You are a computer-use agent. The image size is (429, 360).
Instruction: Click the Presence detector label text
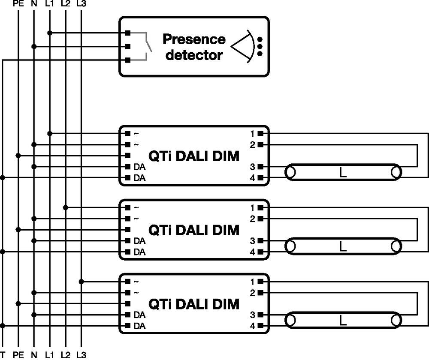tap(194, 47)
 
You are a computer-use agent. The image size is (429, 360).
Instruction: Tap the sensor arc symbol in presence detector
tap(242, 46)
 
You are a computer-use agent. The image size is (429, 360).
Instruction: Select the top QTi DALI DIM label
tap(193, 156)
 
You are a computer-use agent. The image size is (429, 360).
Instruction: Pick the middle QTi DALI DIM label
tap(193, 230)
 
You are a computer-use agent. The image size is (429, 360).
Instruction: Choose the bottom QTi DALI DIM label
tap(193, 304)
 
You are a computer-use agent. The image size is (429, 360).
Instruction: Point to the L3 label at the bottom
tap(81, 355)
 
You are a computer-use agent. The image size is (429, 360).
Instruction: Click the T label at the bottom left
tap(3, 355)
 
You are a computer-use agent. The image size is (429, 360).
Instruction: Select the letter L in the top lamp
tap(343, 173)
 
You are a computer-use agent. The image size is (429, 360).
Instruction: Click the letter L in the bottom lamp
tap(343, 321)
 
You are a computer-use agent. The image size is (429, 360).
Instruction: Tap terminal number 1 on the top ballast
tap(253, 134)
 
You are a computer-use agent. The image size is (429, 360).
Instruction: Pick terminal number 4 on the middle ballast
tap(253, 252)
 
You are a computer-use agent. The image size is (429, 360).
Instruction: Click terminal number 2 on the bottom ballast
tap(253, 293)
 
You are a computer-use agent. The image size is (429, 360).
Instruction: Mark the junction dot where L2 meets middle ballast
tap(65, 208)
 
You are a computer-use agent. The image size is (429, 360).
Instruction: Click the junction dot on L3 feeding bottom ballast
tap(81, 282)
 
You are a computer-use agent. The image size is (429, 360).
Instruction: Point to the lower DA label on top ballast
tap(139, 178)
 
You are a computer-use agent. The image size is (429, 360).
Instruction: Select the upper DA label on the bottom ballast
tap(139, 315)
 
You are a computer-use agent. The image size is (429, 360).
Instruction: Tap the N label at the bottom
tap(34, 355)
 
